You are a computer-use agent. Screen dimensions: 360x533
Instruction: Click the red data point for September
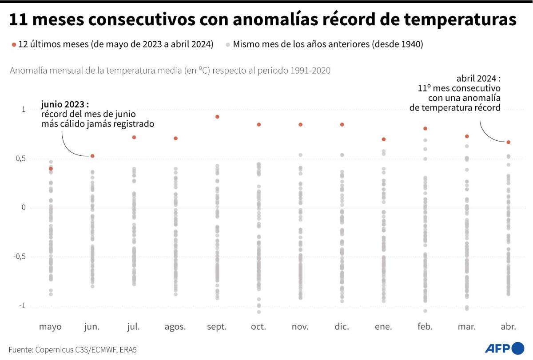(217, 117)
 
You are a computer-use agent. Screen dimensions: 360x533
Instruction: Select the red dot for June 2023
(92, 156)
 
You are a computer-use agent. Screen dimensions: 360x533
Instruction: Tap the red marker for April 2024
(509, 142)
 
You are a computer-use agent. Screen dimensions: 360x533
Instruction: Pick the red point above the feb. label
(425, 128)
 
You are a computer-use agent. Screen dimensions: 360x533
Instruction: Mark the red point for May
(51, 169)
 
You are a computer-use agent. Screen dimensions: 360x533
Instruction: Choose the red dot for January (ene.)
(384, 139)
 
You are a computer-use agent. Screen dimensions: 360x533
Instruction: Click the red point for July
(134, 137)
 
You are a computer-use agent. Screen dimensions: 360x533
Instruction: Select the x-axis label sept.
(217, 327)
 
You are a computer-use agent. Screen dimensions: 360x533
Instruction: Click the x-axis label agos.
(175, 327)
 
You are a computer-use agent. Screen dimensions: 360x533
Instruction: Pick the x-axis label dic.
(342, 327)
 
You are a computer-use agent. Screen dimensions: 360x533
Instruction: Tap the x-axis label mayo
(50, 327)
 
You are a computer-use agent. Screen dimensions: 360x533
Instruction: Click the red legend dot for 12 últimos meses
(14, 45)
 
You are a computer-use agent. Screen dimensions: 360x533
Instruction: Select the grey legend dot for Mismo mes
(228, 45)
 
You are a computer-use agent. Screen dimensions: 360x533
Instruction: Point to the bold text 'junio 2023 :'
(65, 104)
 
